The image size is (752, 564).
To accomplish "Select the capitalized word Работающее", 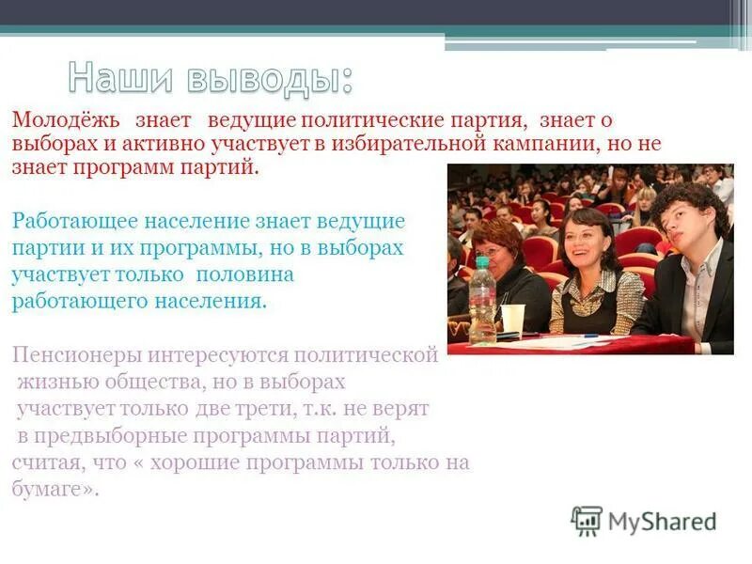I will (x=76, y=223).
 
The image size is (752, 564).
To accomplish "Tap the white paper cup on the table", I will (x=512, y=320).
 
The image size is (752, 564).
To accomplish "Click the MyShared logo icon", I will (x=587, y=520).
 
